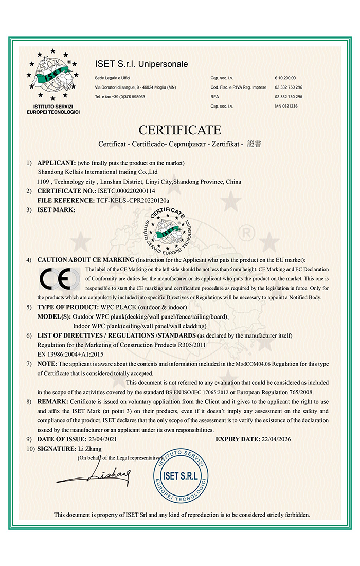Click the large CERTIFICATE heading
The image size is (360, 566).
(x=180, y=129)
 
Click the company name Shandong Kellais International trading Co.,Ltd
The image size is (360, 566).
(x=98, y=172)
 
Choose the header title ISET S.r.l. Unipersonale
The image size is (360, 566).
(x=141, y=64)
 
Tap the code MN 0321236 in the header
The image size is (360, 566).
(x=286, y=106)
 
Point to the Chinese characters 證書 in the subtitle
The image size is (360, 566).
(x=255, y=144)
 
